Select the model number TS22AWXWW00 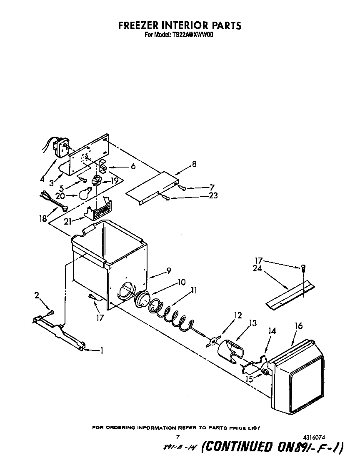[x=192, y=35]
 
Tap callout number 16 [x=298, y=326]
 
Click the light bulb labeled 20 [x=85, y=193]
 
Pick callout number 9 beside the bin [x=168, y=270]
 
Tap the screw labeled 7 [x=182, y=188]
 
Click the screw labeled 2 [x=50, y=312]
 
